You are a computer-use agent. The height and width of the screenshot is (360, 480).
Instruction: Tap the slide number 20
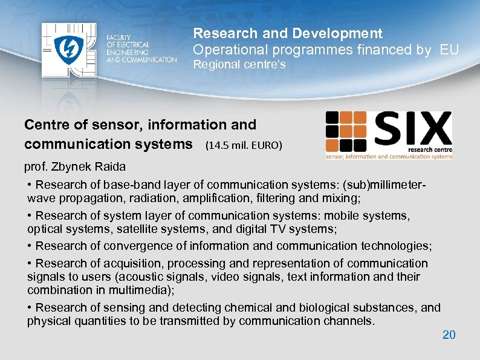[x=449, y=335]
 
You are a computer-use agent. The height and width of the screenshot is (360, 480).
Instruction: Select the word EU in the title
[x=449, y=50]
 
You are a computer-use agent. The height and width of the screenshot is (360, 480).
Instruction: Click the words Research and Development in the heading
[x=287, y=33]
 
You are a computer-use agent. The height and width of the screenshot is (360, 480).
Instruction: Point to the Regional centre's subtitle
[x=239, y=65]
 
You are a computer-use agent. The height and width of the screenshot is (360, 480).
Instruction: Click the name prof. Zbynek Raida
[x=74, y=166]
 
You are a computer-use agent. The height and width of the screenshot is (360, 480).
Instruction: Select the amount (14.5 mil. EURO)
[x=244, y=146]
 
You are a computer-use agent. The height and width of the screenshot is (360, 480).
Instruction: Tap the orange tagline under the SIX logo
[x=389, y=156]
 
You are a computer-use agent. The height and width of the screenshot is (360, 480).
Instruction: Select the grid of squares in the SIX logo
[x=346, y=131]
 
